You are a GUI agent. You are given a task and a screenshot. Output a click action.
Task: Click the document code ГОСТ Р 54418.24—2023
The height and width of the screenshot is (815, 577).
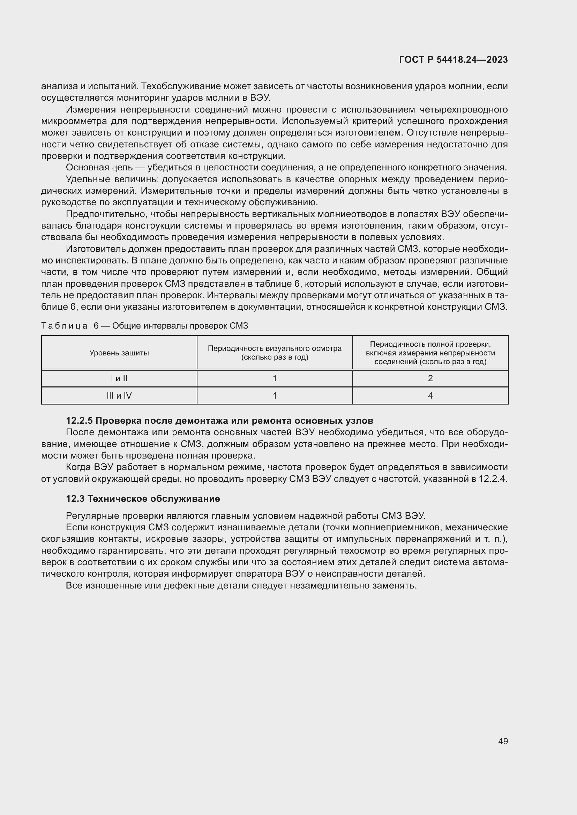coord(454,60)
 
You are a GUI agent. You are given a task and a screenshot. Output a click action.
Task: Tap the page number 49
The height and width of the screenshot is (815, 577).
coord(503,741)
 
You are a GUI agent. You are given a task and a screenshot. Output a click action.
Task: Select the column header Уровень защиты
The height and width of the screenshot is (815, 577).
coord(119,353)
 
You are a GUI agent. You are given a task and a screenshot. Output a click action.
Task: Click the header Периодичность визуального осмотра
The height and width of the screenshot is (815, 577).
coord(275,348)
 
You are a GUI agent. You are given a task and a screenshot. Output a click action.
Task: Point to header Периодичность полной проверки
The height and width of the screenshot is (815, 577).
coord(430,344)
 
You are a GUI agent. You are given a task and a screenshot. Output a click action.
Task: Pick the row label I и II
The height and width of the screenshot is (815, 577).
coord(119,378)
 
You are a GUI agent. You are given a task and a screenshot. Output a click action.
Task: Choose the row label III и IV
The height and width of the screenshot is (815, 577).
coord(119,396)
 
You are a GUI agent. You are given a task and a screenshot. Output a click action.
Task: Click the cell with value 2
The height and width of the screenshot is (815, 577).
coord(430,378)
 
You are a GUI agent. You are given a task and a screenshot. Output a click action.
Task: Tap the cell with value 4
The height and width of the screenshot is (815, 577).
coord(430,396)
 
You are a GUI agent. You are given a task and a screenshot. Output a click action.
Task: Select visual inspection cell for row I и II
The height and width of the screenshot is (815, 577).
coord(275,378)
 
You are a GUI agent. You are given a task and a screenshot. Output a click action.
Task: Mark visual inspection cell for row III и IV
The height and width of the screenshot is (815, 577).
coord(275,396)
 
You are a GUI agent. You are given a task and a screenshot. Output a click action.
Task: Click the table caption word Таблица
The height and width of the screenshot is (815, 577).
coord(64,326)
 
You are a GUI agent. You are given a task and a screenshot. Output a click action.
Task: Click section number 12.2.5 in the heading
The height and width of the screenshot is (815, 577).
coord(79,421)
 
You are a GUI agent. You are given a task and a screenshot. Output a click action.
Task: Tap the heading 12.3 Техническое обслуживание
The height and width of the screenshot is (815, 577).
coord(143,499)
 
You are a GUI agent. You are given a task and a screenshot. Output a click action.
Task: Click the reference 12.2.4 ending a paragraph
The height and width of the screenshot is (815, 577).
coord(493,479)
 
